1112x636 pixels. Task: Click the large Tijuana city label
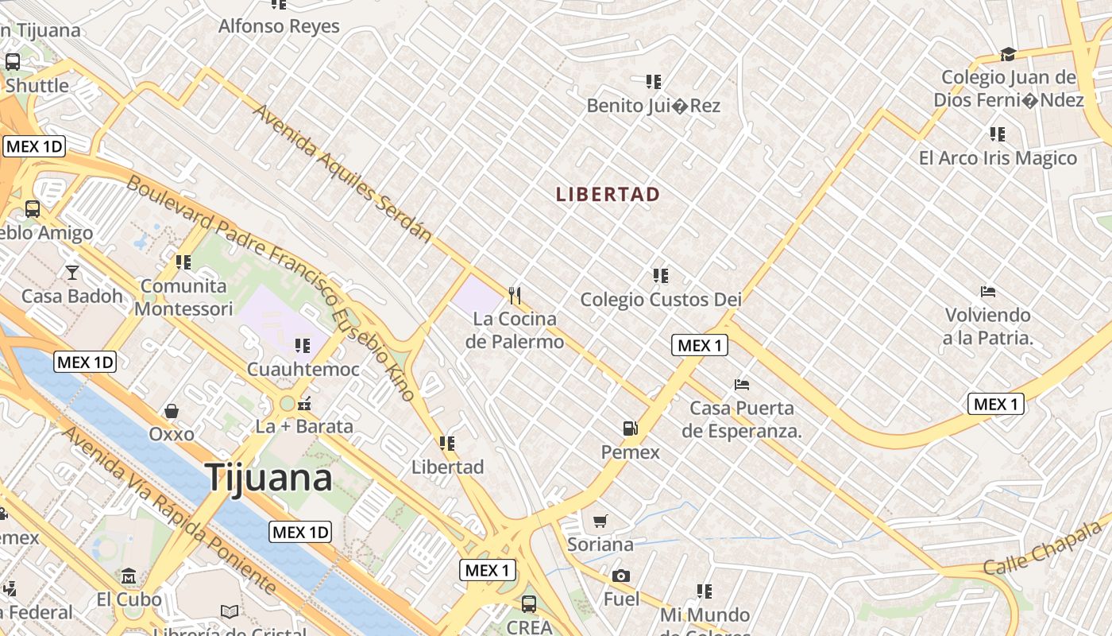pos(269,478)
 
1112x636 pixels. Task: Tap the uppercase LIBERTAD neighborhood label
pos(608,195)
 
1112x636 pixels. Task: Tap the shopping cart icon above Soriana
pos(600,522)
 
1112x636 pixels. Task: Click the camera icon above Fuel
pos(620,576)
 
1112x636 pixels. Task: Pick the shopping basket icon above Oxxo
pos(172,411)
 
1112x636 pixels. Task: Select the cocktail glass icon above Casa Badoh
pos(72,273)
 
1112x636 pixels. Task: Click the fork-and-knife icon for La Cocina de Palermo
pos(515,296)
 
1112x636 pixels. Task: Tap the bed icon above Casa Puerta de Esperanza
pos(742,385)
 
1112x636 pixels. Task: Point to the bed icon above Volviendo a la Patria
pos(988,292)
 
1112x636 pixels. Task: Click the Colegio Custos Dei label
pos(661,300)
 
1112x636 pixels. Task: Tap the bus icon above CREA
pos(529,603)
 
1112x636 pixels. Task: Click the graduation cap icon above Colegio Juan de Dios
pos(1008,54)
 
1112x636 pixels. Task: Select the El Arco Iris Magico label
pos(998,158)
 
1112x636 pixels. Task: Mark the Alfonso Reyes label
pos(279,26)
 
